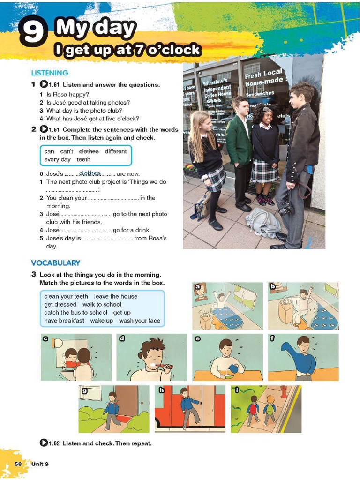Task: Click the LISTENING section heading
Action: click(50, 73)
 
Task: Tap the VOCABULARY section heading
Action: click(55, 263)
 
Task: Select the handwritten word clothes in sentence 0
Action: click(90, 173)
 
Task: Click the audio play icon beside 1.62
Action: click(44, 442)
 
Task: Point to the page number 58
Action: click(18, 464)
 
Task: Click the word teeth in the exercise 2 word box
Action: click(83, 159)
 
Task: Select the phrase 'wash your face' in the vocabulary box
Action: click(139, 321)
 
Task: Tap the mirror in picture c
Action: click(57, 343)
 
